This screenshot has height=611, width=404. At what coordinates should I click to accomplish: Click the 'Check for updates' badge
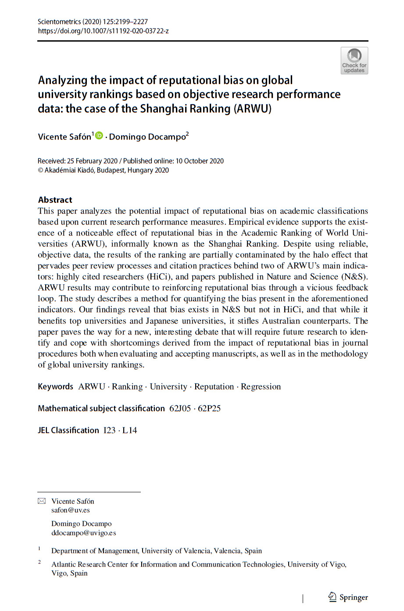(354, 60)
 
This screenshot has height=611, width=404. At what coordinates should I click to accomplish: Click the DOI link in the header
(103, 31)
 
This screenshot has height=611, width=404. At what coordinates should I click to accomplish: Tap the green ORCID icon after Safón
(99, 136)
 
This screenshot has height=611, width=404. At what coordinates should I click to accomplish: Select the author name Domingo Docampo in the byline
(147, 137)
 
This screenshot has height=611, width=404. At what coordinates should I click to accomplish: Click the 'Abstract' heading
(55, 200)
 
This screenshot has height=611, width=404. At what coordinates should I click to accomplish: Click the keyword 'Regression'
(261, 386)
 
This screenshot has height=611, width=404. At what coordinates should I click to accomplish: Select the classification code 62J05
(180, 408)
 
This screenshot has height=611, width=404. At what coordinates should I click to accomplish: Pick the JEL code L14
(130, 430)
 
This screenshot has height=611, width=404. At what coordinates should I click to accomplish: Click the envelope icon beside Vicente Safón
(42, 501)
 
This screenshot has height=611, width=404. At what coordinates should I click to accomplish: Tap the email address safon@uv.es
(70, 510)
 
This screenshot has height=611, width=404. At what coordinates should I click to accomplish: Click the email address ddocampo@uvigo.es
(83, 533)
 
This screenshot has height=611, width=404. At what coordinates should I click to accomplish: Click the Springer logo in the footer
(348, 597)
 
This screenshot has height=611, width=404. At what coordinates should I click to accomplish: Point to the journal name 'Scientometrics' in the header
(59, 21)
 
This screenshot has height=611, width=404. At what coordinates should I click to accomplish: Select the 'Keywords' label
(55, 386)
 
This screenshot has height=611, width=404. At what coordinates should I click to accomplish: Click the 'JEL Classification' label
(68, 430)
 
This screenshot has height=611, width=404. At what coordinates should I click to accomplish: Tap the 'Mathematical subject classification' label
(101, 408)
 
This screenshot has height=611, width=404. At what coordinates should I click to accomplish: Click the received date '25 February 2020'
(92, 161)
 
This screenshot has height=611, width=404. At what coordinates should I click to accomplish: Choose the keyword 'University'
(168, 386)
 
